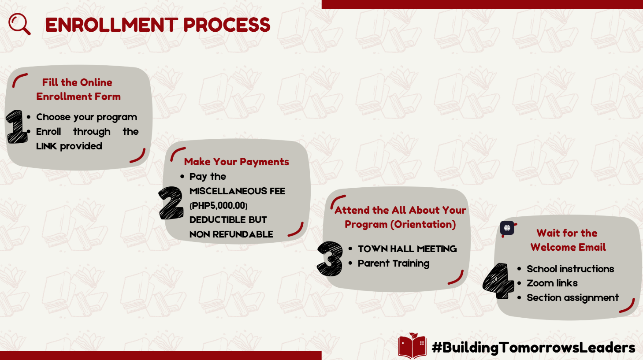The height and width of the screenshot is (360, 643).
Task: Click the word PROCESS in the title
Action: click(x=227, y=25)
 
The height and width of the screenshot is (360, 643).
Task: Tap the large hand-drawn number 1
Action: click(x=17, y=126)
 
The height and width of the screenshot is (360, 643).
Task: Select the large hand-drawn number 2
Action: click(x=171, y=203)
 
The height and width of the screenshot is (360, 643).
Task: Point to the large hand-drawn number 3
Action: click(x=330, y=258)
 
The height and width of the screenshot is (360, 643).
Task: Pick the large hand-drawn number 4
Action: click(x=498, y=281)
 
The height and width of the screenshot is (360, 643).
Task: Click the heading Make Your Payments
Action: click(x=237, y=162)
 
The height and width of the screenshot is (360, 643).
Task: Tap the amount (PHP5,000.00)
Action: click(x=219, y=205)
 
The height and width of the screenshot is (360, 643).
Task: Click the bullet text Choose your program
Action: click(x=87, y=117)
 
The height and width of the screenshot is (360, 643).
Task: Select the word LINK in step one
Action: click(x=47, y=146)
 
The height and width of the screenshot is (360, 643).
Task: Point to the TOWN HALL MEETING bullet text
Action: click(x=407, y=249)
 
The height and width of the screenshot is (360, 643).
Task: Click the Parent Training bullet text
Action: click(x=394, y=264)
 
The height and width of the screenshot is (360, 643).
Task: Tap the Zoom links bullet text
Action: click(x=552, y=283)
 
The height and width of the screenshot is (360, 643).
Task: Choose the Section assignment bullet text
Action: click(x=572, y=298)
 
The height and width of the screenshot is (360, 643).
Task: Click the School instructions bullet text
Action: click(x=570, y=269)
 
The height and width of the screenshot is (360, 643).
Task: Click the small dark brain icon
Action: click(x=507, y=228)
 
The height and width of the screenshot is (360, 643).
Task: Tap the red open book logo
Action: click(x=412, y=345)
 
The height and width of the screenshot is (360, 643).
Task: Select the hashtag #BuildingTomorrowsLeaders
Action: click(x=533, y=347)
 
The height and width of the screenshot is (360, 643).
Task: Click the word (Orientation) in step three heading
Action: click(x=423, y=224)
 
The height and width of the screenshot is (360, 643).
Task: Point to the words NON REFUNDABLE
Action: click(x=231, y=234)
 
